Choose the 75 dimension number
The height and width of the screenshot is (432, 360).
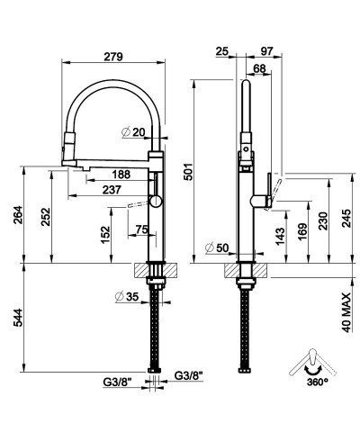(x=140, y=229)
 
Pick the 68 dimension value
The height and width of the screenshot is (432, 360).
(x=259, y=69)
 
